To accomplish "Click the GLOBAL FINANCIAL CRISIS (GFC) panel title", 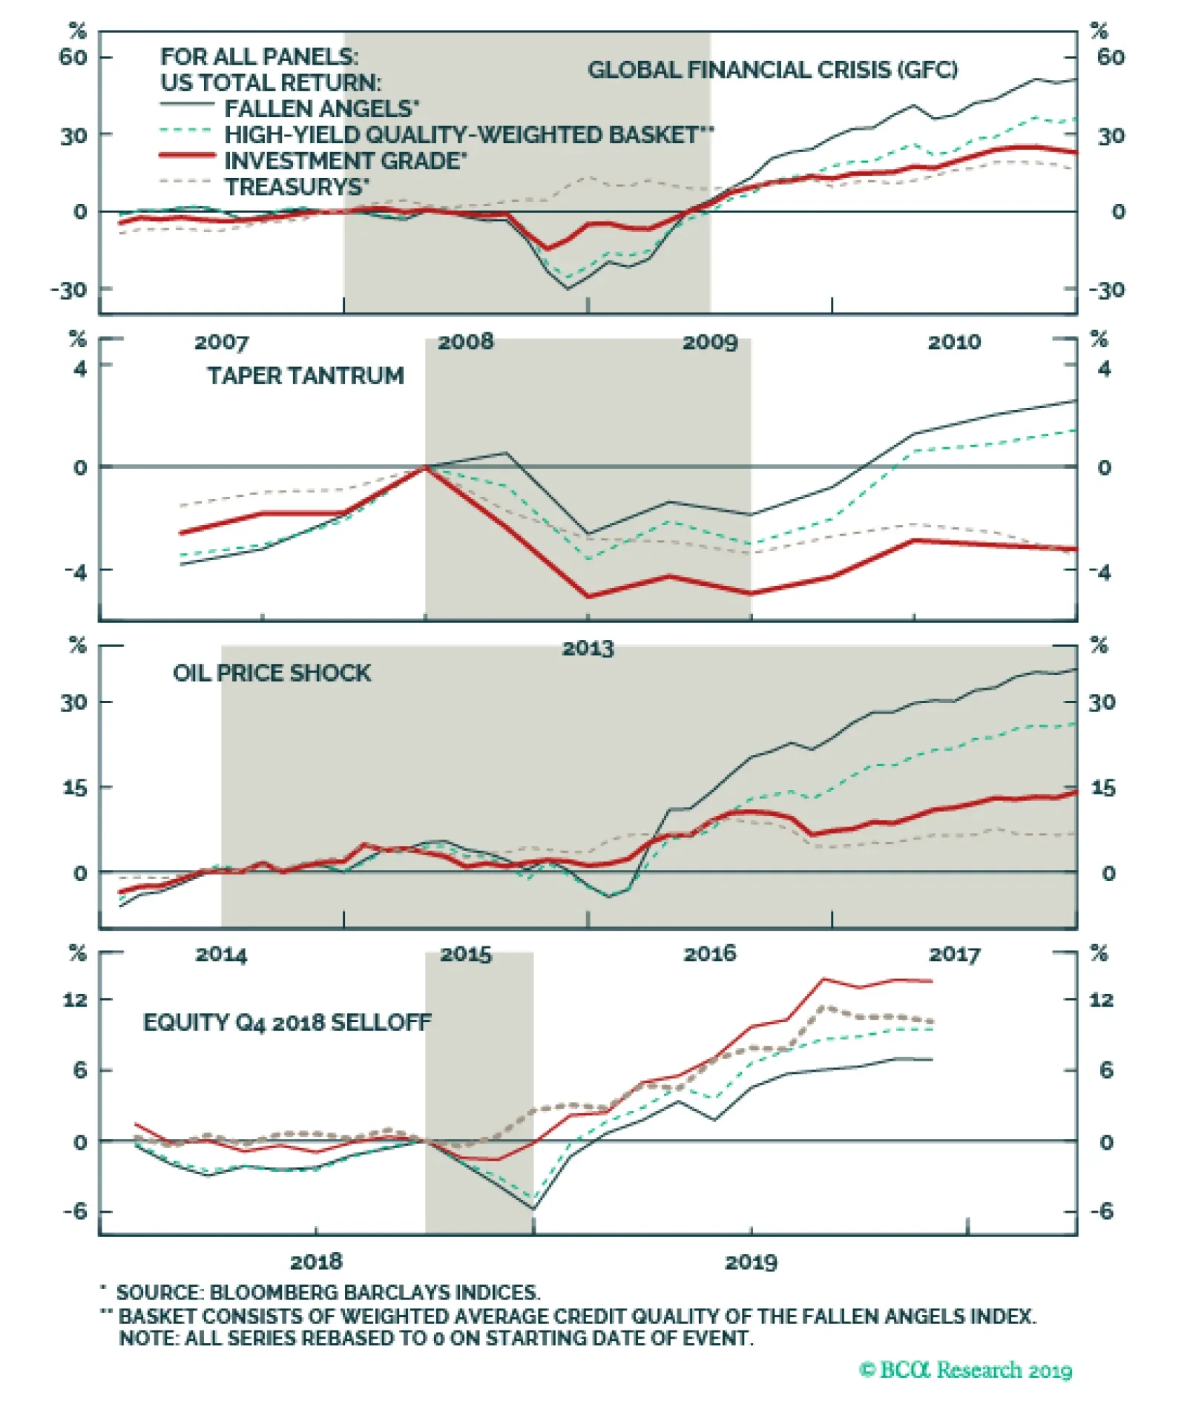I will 772,70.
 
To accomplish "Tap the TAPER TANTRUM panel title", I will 306,376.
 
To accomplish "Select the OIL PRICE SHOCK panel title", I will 272,673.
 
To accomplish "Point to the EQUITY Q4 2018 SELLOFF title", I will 286,1022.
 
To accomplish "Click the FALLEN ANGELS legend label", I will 321,109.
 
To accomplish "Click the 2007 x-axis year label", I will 221,342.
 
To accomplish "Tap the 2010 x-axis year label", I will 954,342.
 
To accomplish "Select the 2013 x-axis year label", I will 588,648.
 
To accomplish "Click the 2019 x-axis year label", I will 751,1262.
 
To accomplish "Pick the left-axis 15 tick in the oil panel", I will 74,788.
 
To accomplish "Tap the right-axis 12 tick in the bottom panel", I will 1101,1000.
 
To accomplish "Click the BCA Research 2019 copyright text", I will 965,1370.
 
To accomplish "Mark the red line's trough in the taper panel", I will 588,596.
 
